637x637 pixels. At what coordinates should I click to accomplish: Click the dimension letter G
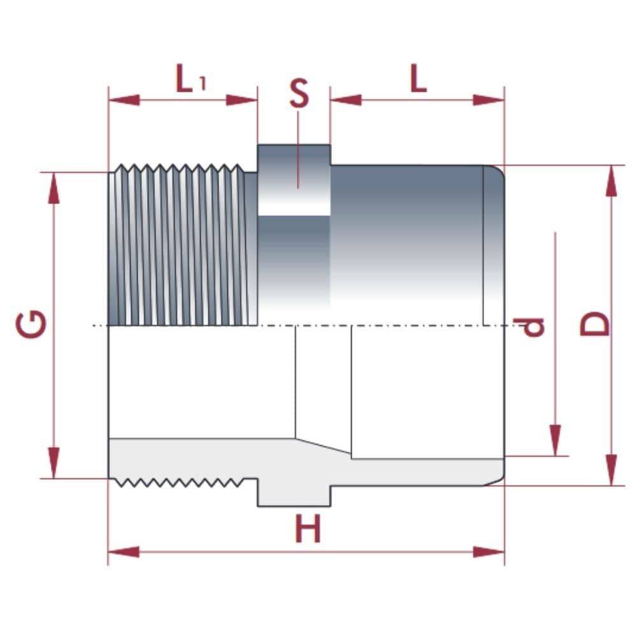pos(31,324)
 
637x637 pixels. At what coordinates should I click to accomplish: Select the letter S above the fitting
pos(298,94)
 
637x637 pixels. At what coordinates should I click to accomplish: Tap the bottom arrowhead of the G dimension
pos(54,463)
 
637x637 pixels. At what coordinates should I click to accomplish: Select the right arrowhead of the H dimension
pos(489,552)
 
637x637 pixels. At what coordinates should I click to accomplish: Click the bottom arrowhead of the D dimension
pos(612,470)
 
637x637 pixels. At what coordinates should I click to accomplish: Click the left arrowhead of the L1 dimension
pos(124,100)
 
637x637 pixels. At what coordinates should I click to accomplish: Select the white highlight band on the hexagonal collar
pos(294,209)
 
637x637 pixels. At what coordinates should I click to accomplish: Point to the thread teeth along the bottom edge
pos(182,483)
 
